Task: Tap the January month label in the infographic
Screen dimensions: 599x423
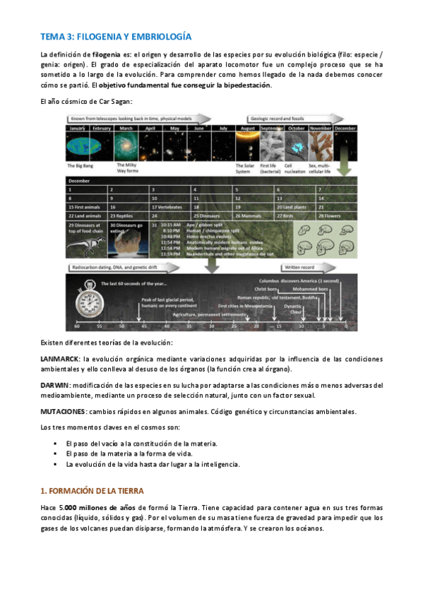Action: coord(78,129)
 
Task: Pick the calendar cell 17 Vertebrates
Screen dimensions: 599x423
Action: coord(169,206)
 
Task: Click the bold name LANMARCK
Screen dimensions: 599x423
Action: coord(59,359)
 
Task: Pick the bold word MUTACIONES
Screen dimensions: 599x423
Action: coord(64,411)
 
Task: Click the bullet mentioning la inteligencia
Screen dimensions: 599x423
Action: coord(153,465)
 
